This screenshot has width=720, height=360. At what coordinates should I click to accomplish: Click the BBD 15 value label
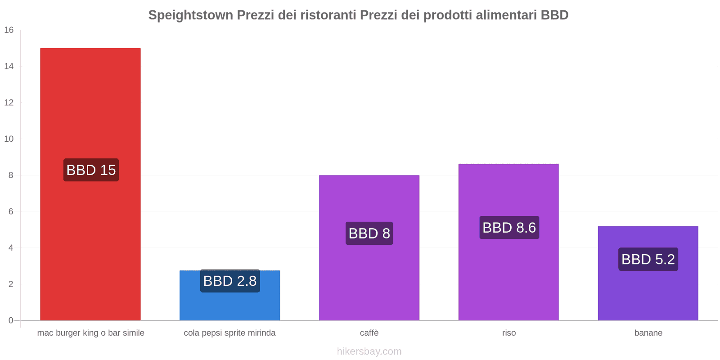tap(91, 170)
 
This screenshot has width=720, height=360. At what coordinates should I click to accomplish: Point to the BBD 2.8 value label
tap(230, 281)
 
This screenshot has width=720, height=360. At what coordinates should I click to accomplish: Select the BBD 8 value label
tap(369, 234)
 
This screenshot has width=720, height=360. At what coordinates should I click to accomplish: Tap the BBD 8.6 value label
tap(509, 228)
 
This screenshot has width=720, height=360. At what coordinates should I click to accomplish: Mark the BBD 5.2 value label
tap(648, 259)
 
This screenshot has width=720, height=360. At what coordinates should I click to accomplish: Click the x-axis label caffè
tap(369, 333)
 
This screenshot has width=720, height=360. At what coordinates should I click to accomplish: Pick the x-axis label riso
tap(509, 333)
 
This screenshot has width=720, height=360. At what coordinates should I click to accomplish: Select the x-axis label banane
tap(648, 333)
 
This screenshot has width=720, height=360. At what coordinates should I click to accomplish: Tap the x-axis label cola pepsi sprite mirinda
tap(229, 333)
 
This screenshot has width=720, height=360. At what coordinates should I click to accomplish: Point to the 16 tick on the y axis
tap(9, 30)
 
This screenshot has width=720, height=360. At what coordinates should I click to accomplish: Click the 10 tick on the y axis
tap(9, 139)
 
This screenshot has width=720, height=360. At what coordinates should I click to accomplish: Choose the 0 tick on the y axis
tap(11, 320)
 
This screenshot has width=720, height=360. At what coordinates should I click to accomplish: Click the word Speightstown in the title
tap(190, 15)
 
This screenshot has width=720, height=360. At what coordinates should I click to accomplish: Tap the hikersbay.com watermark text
tap(369, 351)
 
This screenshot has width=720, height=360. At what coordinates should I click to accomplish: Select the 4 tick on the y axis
tap(11, 248)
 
